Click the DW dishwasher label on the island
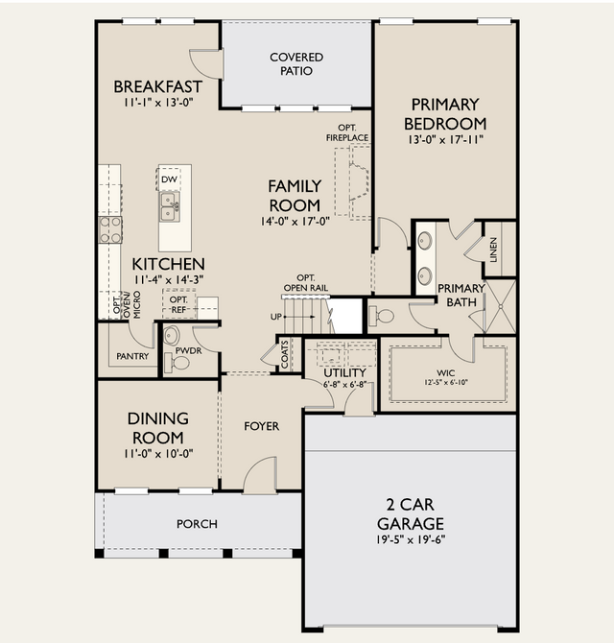pyautogui.click(x=169, y=179)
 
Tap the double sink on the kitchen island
pyautogui.click(x=169, y=206)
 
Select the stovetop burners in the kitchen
pyautogui.click(x=110, y=229)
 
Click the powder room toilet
pyautogui.click(x=177, y=363)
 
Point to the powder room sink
pyautogui.click(x=172, y=336)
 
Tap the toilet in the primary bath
pyautogui.click(x=381, y=316)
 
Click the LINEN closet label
pyautogui.click(x=493, y=250)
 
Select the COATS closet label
pyautogui.click(x=285, y=354)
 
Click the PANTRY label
pyautogui.click(x=132, y=356)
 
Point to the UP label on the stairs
pyautogui.click(x=276, y=317)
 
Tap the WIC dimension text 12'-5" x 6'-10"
pyautogui.click(x=446, y=382)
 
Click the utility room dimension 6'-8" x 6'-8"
pyautogui.click(x=344, y=385)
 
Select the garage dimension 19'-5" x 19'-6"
pyautogui.click(x=411, y=539)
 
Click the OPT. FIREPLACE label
pyautogui.click(x=347, y=132)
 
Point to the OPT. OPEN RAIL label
pyautogui.click(x=306, y=283)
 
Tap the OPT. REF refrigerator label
pyautogui.click(x=178, y=304)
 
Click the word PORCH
pyautogui.click(x=197, y=524)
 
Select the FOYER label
pyautogui.click(x=262, y=426)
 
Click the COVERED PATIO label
pyautogui.click(x=296, y=64)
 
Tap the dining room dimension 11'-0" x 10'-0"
pyautogui.click(x=158, y=454)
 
